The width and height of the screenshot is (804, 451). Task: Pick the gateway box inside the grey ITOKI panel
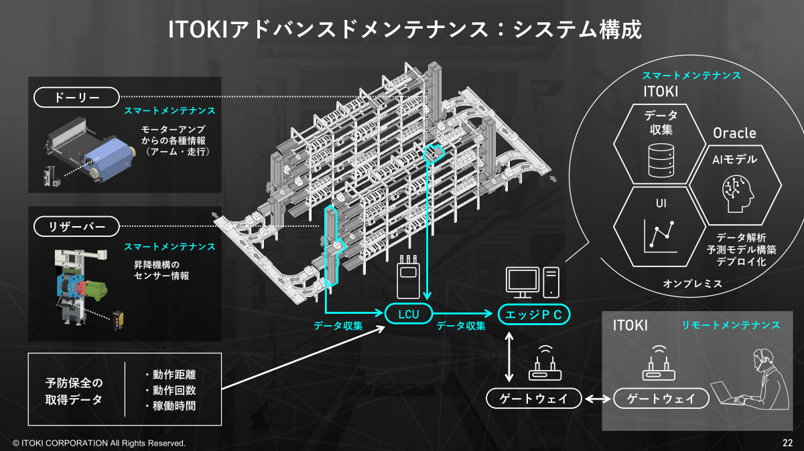click(x=661, y=399)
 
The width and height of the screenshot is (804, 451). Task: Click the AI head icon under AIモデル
click(x=734, y=192)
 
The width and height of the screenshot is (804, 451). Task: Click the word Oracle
click(x=734, y=132)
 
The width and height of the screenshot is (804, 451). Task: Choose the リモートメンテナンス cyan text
click(x=731, y=325)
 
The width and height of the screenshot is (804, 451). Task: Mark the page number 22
click(x=787, y=443)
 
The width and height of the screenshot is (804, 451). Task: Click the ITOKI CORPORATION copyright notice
click(x=99, y=443)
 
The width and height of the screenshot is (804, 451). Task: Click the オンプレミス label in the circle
click(x=693, y=284)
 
